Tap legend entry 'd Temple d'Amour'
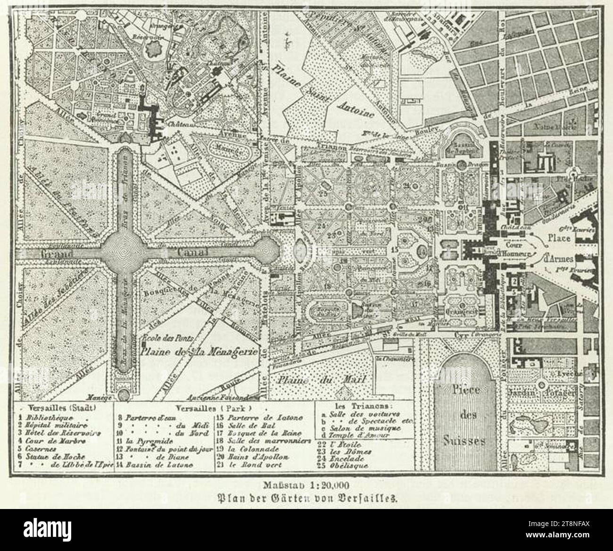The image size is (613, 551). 360,435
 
